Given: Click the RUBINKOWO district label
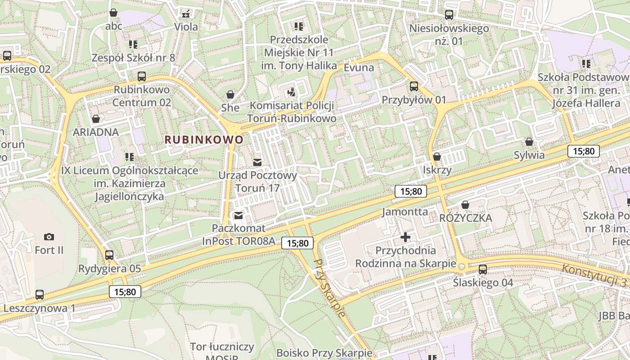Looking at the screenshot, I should click(x=204, y=139).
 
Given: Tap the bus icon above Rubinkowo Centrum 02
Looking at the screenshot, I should click(x=142, y=76).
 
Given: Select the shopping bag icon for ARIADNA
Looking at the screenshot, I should click(x=96, y=119).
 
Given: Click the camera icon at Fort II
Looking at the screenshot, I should click(x=49, y=237).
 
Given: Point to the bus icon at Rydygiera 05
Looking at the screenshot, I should click(x=109, y=255).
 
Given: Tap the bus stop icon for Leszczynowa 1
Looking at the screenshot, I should click(x=40, y=295).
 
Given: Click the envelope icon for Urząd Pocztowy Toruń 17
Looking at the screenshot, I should click(x=257, y=162).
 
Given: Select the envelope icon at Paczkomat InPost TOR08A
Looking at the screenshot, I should click(x=238, y=216).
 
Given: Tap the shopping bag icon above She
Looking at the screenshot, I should click(x=230, y=94).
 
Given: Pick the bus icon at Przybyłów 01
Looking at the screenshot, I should click(x=414, y=86).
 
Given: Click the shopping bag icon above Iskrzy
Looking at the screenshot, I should click(x=437, y=157).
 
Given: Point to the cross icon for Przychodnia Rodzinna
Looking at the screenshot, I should click(x=405, y=237).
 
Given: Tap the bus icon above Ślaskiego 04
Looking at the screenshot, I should click(x=483, y=270).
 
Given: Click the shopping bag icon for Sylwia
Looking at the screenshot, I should click(x=529, y=142).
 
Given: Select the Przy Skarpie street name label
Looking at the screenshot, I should click(x=330, y=288).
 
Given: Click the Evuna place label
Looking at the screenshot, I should click(x=359, y=67).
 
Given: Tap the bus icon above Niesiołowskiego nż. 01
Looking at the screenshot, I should click(x=449, y=15).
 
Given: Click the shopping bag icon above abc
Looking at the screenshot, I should click(x=113, y=13).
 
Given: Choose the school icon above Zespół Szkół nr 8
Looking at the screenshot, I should click(x=133, y=44).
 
